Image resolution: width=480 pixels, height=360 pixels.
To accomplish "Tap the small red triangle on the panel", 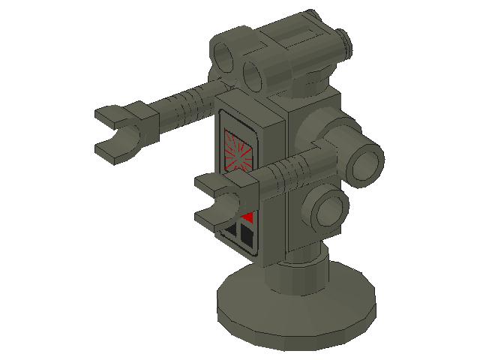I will point(247,218).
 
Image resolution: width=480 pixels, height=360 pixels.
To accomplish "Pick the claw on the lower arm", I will point(217,200).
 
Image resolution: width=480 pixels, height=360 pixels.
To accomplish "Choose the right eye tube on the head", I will point(256,73).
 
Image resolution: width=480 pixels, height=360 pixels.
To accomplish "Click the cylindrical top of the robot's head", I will point(300,45).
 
